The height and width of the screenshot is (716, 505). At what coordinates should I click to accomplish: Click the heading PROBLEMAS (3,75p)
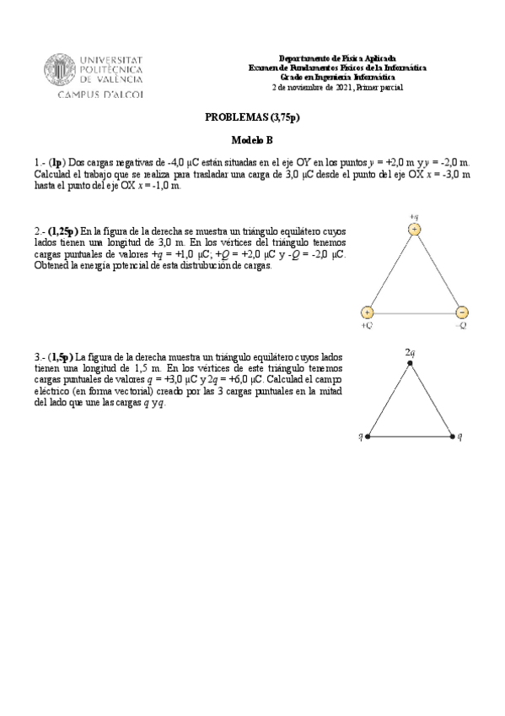click(253, 118)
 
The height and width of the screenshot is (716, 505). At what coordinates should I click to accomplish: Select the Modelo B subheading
click(252, 140)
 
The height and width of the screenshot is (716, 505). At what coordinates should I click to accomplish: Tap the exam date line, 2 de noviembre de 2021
click(337, 87)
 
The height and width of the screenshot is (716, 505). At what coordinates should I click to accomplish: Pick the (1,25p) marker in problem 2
click(63, 231)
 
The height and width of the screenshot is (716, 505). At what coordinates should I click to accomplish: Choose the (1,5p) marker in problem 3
click(61, 357)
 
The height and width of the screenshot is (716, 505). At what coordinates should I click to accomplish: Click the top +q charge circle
click(414, 230)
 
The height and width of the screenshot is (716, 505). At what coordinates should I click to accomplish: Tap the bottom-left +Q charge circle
click(367, 312)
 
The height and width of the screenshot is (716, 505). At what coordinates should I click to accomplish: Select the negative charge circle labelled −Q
click(462, 312)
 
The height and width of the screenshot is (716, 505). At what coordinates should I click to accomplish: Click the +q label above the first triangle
click(414, 216)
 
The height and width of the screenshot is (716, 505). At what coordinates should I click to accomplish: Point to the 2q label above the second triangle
click(411, 350)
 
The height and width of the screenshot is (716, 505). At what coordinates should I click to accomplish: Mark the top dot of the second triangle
click(411, 363)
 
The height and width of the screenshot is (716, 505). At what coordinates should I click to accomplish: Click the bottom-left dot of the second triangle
click(368, 437)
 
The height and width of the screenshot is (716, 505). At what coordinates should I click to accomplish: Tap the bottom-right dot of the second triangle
click(453, 437)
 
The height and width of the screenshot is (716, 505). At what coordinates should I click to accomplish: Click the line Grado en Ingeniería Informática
click(336, 77)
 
